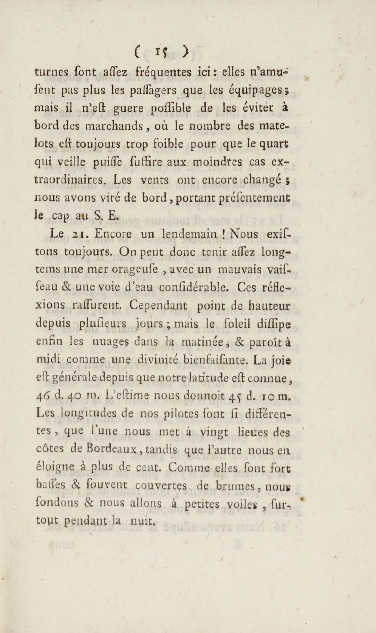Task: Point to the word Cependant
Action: coord(158,306)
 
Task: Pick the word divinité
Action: coord(162,360)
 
